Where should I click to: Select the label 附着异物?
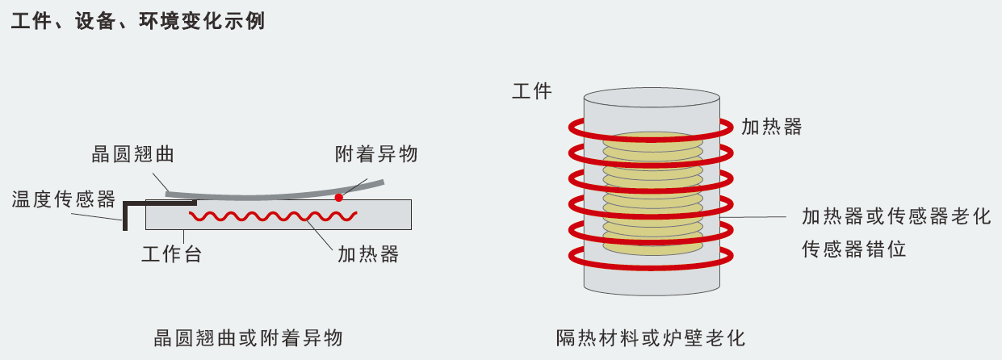(376, 153)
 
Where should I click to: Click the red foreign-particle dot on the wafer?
(339, 197)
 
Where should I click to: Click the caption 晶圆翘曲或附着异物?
(248, 337)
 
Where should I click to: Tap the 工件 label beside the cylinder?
(532, 90)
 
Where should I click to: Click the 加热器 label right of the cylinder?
(771, 126)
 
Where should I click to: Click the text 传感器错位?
(853, 249)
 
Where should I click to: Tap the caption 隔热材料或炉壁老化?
(650, 337)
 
